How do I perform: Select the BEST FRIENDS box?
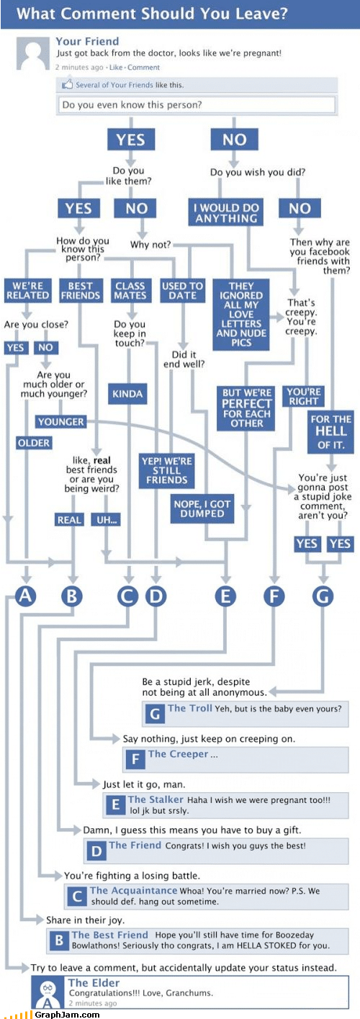(80, 290)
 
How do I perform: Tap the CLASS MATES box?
(130, 290)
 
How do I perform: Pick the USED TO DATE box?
(183, 290)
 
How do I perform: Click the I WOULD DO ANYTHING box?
(226, 212)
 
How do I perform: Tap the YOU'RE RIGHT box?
(303, 397)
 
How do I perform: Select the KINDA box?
(127, 394)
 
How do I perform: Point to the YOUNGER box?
(61, 421)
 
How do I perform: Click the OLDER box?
(34, 442)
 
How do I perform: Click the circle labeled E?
(225, 596)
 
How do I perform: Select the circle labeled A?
(27, 596)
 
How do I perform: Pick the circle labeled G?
(323, 596)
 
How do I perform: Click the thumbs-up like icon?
(68, 85)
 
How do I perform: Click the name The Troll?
(189, 709)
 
